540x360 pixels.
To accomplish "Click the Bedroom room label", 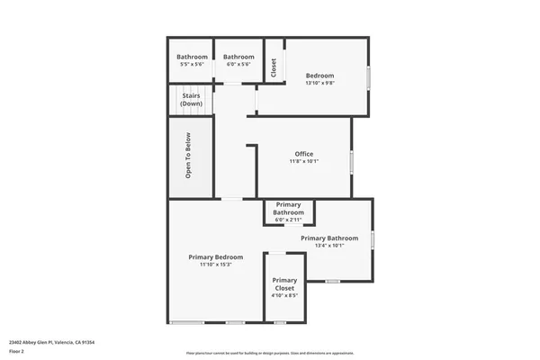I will coord(319,76).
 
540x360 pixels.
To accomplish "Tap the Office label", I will coord(304,154).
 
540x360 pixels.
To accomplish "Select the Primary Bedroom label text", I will coord(216,257).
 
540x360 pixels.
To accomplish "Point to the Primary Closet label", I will coord(284,283).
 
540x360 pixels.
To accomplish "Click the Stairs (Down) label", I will coord(191,100).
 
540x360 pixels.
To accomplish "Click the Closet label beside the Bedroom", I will coord(274,67).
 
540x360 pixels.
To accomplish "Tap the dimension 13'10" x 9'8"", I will coord(319,84).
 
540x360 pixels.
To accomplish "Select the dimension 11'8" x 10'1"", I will coord(304,162).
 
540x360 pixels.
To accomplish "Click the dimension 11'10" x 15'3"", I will coord(216,265).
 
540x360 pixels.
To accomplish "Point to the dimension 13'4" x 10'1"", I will coord(330,246).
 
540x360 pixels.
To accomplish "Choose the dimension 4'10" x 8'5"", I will coord(284,294).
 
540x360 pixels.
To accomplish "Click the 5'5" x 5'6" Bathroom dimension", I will coord(192,65).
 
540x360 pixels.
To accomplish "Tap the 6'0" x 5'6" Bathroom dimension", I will coord(238,65).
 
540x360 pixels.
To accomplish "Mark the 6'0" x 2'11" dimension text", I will coord(288,220).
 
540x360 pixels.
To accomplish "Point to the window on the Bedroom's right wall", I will coord(369,76).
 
